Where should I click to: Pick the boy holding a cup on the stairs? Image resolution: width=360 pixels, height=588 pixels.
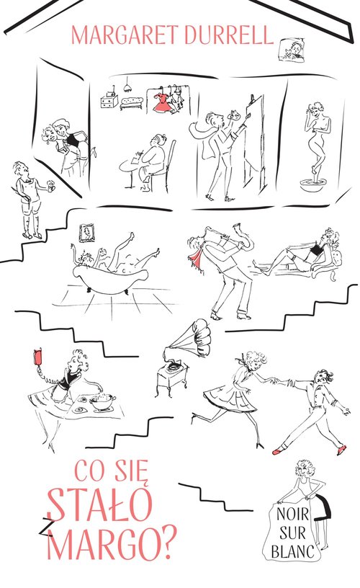26,198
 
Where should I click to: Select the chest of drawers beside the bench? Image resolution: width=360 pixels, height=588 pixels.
109,102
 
